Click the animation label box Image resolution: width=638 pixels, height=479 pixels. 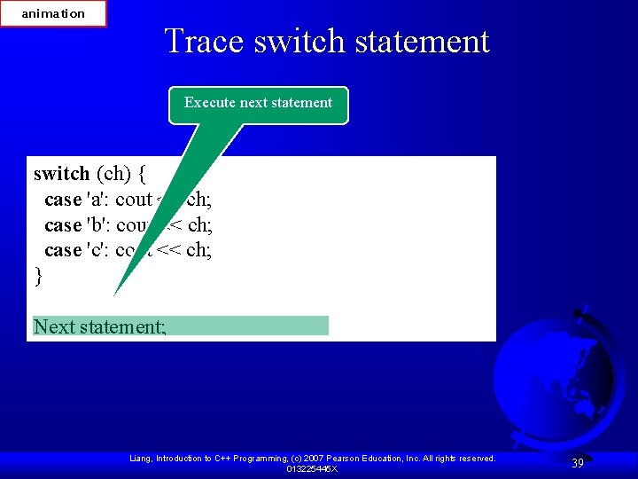pos(53,13)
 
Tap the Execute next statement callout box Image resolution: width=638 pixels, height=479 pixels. pos(258,104)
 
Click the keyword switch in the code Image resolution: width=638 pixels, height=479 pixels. pos(61,174)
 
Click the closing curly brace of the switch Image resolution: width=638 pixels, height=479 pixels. pos(38,276)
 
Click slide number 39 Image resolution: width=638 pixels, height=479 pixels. pos(577,463)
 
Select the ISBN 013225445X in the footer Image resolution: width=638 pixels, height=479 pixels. pos(311,468)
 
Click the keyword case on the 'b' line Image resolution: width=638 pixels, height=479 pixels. pos(62,225)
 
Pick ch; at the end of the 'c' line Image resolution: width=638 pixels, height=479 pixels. pos(199,250)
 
